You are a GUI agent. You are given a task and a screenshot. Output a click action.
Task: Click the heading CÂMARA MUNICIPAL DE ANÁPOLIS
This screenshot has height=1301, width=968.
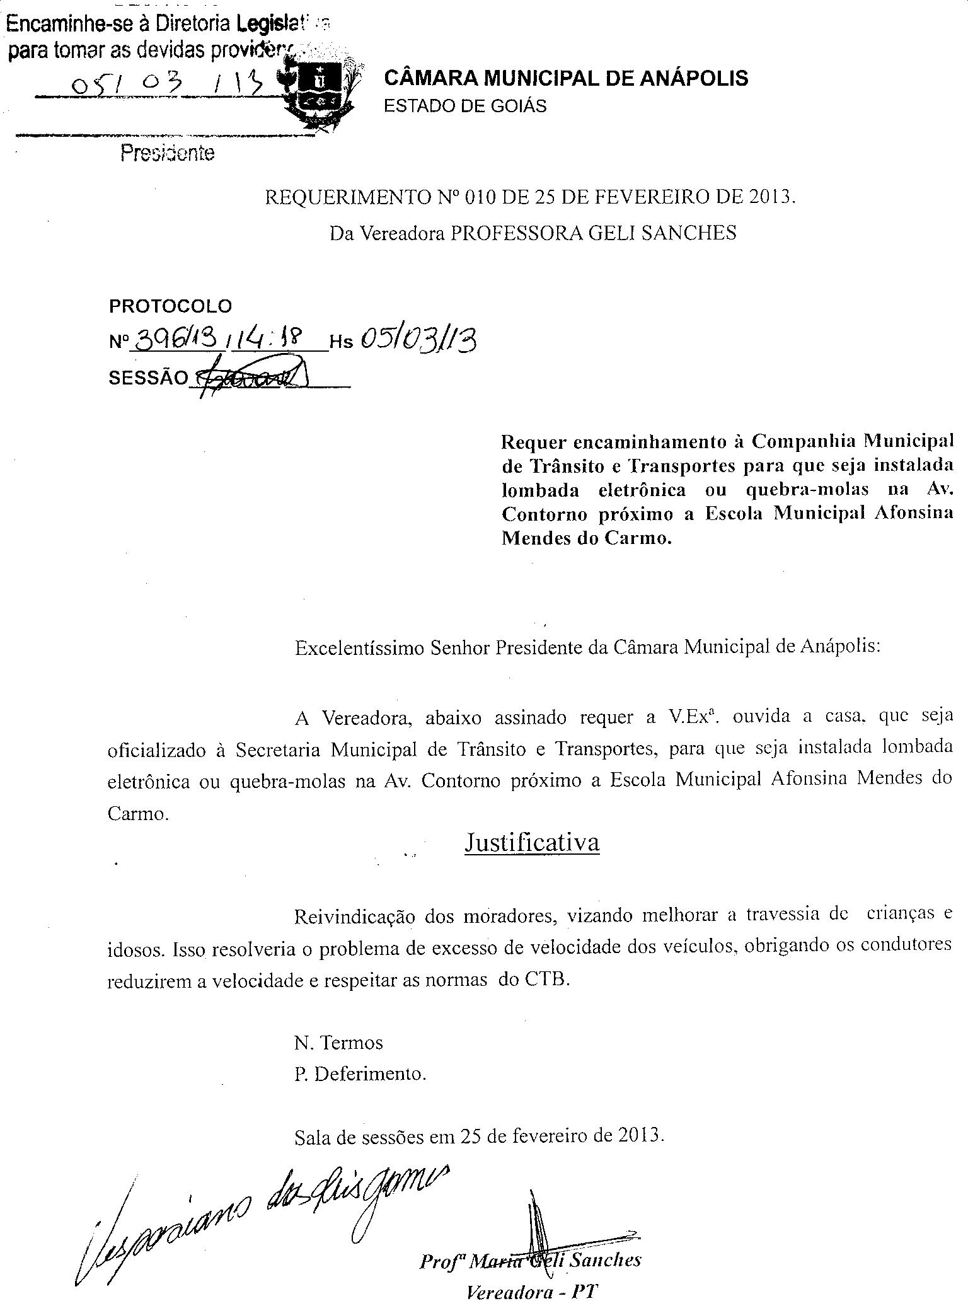pos(566,78)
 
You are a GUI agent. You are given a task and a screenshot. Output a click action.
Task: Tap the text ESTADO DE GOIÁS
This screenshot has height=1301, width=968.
pos(465,106)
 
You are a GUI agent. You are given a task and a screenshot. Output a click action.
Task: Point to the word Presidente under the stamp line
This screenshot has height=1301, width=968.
pos(168,153)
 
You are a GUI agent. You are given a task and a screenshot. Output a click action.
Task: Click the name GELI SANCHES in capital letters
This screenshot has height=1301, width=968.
pos(662,233)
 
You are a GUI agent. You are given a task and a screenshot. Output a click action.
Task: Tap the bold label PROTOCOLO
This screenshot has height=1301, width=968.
pos(171,306)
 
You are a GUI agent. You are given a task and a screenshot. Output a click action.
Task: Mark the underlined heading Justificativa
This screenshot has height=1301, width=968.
pos(531,842)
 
